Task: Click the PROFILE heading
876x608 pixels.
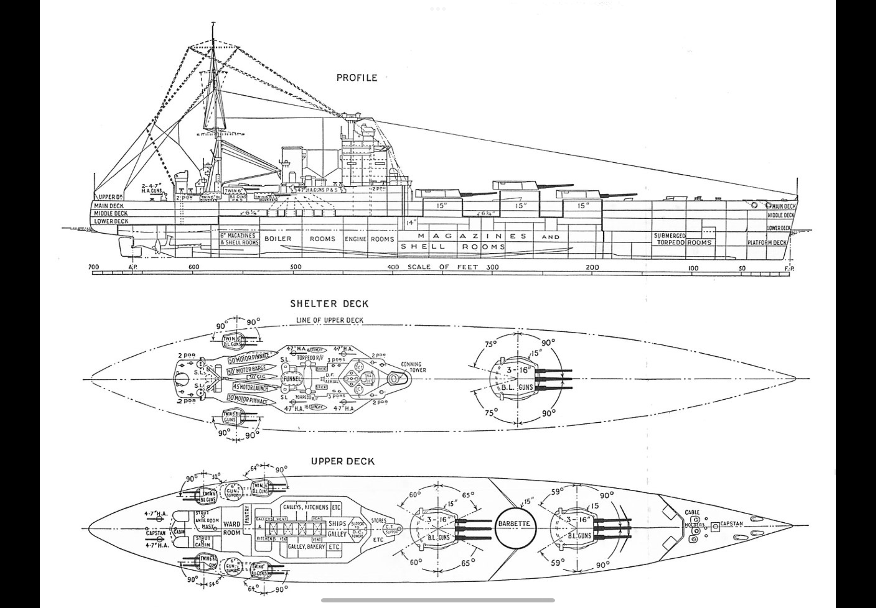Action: click(357, 78)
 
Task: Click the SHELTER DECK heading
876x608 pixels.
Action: click(330, 304)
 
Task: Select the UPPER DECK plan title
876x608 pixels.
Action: click(343, 461)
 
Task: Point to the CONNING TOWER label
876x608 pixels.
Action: click(413, 367)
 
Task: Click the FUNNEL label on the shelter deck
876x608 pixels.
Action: click(292, 379)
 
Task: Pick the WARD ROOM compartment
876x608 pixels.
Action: click(232, 528)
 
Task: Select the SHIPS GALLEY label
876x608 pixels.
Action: click(337, 529)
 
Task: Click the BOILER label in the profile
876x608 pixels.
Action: click(278, 239)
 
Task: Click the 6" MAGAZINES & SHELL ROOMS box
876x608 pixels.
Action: click(239, 239)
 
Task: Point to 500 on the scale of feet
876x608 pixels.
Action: click(295, 267)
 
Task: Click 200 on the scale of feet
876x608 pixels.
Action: click(592, 267)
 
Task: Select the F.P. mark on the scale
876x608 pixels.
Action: click(789, 268)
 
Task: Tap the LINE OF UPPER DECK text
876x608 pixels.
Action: click(330, 320)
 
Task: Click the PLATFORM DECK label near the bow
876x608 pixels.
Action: click(767, 243)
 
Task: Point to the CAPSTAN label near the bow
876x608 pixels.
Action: click(732, 524)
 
